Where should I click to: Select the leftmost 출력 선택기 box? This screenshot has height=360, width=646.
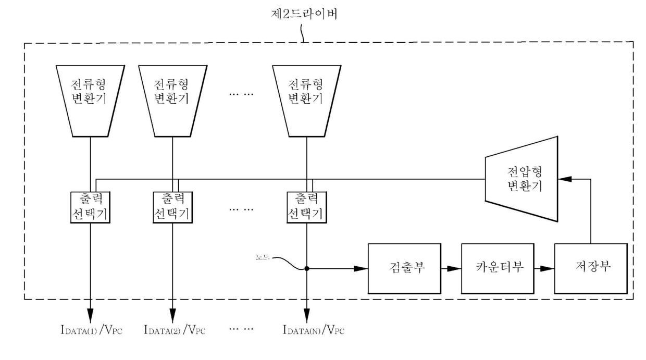(91, 207)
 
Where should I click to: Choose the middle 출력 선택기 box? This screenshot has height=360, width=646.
(172, 207)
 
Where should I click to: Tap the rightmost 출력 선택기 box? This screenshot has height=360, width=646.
(306, 207)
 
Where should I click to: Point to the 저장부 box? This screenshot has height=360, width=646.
(590, 268)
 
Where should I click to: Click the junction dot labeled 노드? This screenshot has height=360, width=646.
(306, 269)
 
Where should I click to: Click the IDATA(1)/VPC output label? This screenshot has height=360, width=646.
(91, 330)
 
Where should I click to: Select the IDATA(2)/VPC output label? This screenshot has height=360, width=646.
(174, 330)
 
